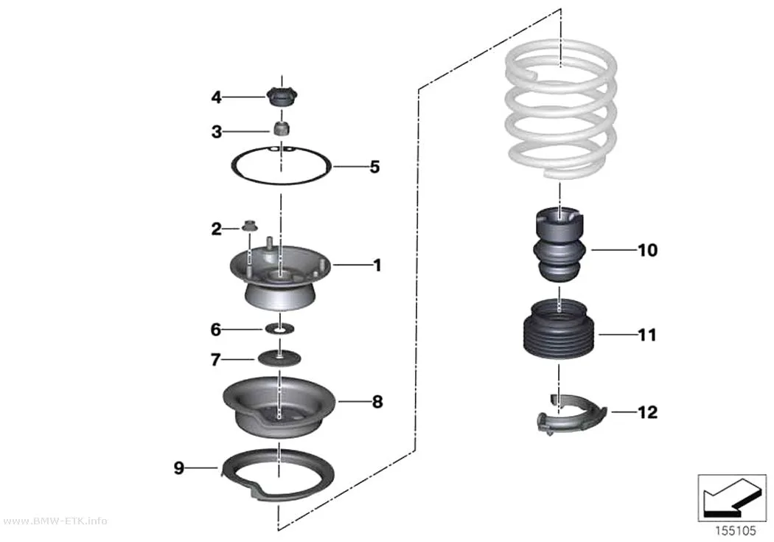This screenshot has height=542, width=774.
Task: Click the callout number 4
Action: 216,97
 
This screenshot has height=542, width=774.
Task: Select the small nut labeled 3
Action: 282,129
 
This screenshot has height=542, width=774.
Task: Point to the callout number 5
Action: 374,167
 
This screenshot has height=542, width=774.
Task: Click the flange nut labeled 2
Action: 249,226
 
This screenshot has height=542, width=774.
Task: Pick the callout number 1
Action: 377,265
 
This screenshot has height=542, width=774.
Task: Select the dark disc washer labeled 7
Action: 279,358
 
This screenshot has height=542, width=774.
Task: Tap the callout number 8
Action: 377,402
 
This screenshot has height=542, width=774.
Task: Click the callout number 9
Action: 178,467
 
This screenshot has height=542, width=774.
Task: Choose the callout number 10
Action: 648,250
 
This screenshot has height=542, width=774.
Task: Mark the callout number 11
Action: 647,336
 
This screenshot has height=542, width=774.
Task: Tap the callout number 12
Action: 648,412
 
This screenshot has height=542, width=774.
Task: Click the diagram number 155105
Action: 736,531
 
